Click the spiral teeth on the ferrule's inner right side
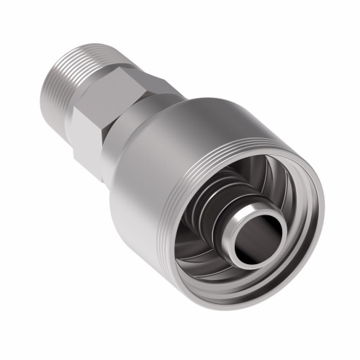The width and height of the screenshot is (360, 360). (288, 216)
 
